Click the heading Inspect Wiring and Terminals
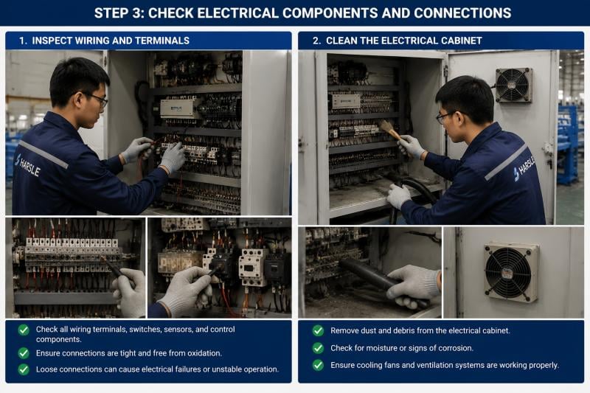coord(104,41)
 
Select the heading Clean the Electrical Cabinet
coord(397,41)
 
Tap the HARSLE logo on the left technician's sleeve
coord(28,164)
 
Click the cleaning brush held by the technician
coord(390,129)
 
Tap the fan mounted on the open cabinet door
coord(513,86)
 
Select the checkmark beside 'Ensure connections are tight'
coord(24,353)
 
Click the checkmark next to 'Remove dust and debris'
coord(318,330)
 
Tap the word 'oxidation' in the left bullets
coord(206,353)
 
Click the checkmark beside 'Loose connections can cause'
coord(24,369)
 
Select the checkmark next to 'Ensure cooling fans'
coord(318,365)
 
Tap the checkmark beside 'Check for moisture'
coord(318,348)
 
